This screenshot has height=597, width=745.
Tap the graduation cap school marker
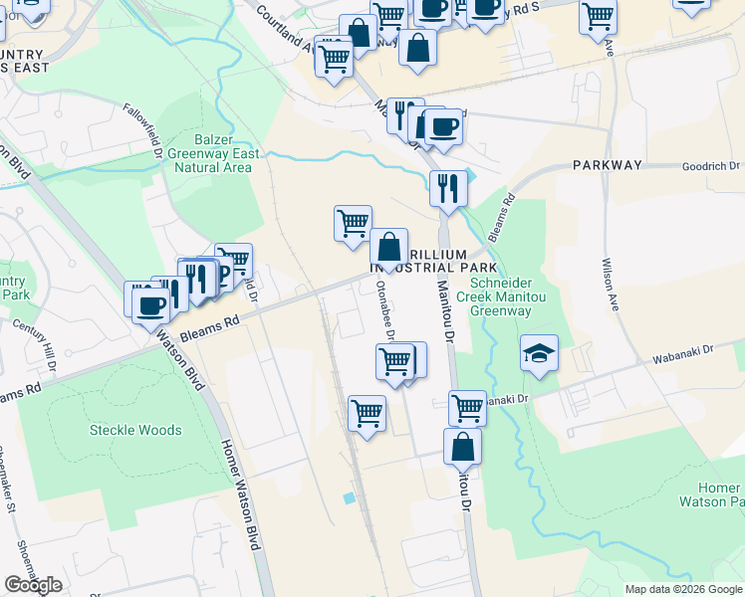pyautogui.click(x=539, y=354)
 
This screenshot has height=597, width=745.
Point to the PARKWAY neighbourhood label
pyautogui.click(x=607, y=165)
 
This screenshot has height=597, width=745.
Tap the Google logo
pyautogui.click(x=33, y=585)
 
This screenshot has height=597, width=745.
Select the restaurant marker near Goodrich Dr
pyautogui.click(x=448, y=187)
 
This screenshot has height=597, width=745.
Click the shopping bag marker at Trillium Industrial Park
pyautogui.click(x=388, y=248)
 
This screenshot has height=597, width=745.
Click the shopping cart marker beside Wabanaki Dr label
pyautogui.click(x=467, y=407)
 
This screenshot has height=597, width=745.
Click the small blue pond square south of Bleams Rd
pyautogui.click(x=348, y=497)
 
